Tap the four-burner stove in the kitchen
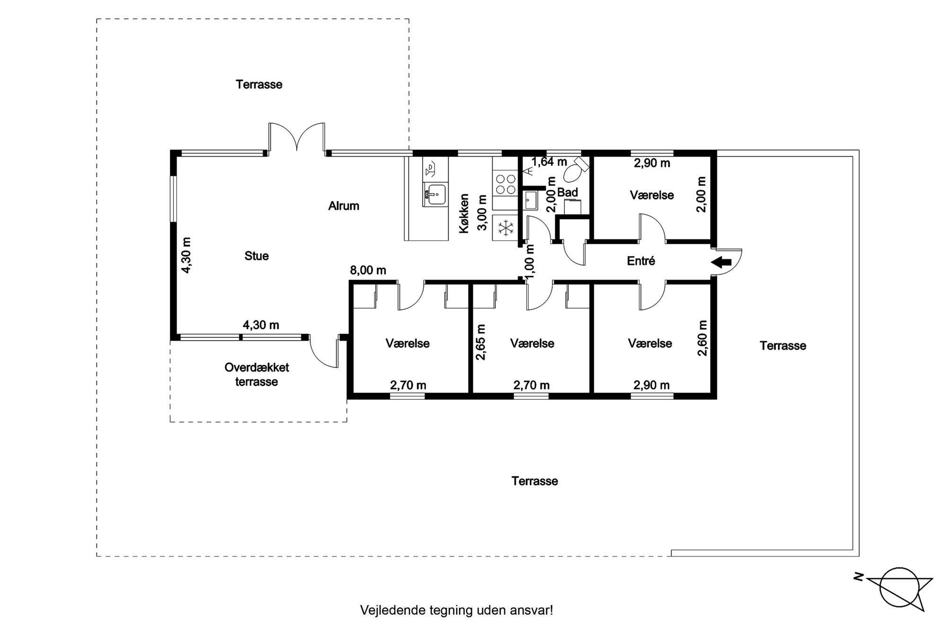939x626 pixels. [x=505, y=184]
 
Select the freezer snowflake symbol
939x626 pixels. [x=506, y=228]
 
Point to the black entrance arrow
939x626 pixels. [x=722, y=262]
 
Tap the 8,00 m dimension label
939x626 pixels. [x=368, y=270]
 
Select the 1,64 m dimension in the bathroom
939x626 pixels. [x=549, y=162]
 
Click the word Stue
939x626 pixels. [x=257, y=256]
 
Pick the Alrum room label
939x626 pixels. [x=344, y=206]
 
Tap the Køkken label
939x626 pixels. [x=464, y=213]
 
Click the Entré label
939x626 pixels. [x=641, y=261]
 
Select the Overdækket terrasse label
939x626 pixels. [x=257, y=375]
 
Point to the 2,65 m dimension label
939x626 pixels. [x=481, y=342]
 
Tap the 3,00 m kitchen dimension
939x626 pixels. [x=482, y=213]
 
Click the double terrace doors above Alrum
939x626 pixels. [x=297, y=137]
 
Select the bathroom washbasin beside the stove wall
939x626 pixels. [x=530, y=200]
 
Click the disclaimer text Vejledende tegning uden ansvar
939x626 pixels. [x=456, y=610]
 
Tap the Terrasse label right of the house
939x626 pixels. [x=783, y=346]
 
